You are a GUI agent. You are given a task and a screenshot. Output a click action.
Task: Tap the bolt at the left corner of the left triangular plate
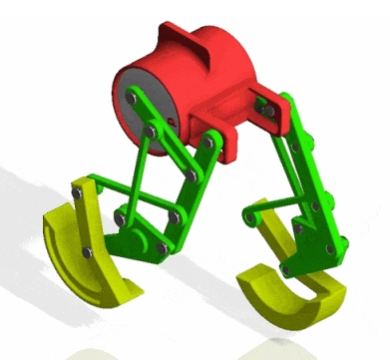120,214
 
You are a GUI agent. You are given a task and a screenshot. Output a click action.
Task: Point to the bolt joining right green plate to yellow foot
288,267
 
